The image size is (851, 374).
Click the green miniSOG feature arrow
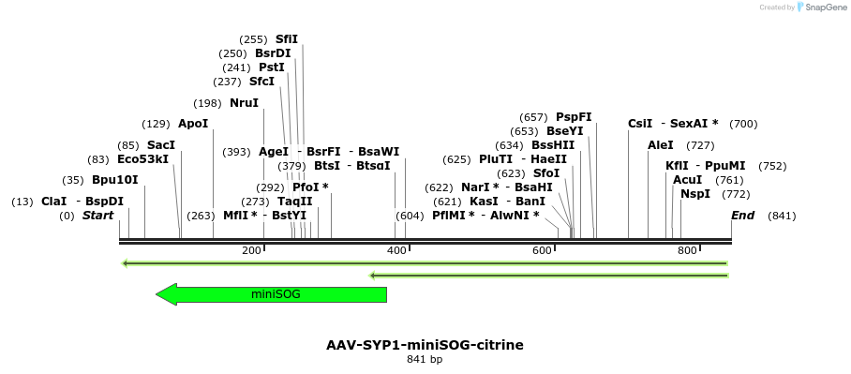(x=272, y=294)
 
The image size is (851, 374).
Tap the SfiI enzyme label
(x=286, y=39)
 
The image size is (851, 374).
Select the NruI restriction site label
(x=244, y=103)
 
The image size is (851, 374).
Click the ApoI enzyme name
(x=193, y=124)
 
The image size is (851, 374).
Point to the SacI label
(x=161, y=145)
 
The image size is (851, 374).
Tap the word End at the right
(x=742, y=216)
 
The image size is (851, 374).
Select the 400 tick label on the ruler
(x=396, y=250)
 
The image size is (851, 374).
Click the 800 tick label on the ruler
(x=687, y=250)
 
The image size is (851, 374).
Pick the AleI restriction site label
(x=661, y=145)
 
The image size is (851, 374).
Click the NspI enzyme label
(x=695, y=194)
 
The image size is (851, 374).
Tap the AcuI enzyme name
(x=688, y=180)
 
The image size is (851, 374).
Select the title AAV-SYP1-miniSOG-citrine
(x=425, y=345)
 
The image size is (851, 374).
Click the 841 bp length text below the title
(x=425, y=359)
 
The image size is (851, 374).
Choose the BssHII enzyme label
(x=553, y=145)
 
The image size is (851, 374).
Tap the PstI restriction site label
(x=271, y=67)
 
